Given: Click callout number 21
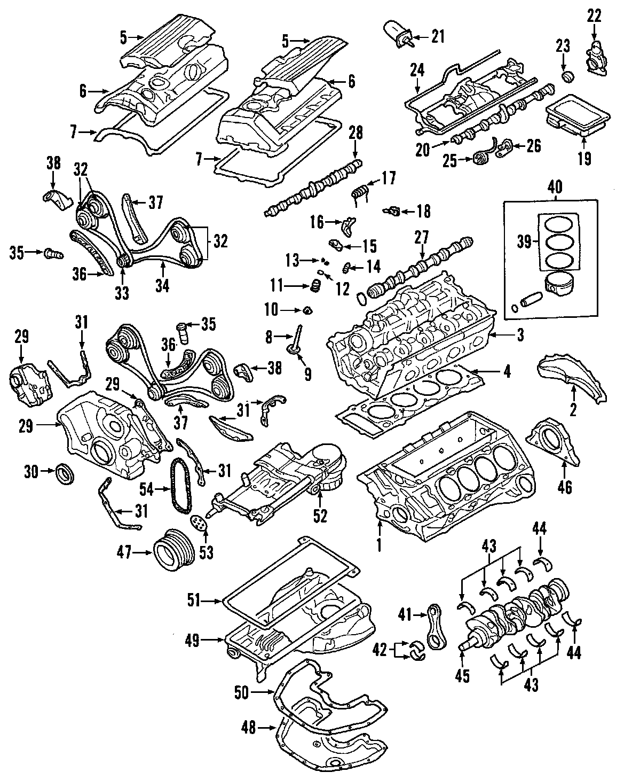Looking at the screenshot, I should pos(438,37).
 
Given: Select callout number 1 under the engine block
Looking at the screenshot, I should pos(380,545).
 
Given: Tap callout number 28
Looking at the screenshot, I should pos(356,133).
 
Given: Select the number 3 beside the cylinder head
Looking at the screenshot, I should pos(520,336).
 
